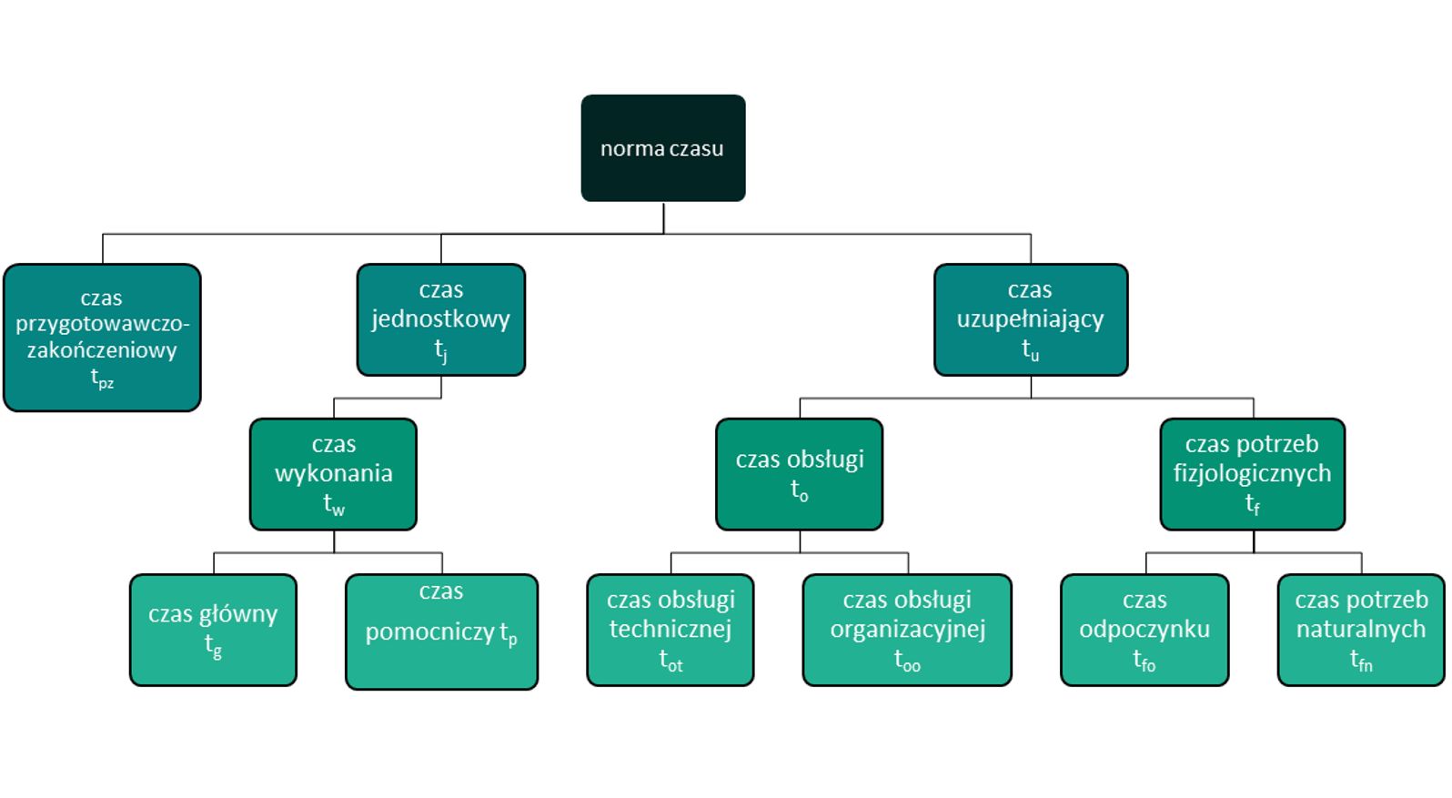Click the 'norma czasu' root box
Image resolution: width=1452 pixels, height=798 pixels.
click(x=662, y=148)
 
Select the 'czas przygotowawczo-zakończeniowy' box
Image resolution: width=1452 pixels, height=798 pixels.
click(x=102, y=338)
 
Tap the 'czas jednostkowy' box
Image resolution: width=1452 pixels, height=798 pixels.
click(x=440, y=319)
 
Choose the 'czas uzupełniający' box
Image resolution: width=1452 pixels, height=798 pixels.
click(x=1030, y=319)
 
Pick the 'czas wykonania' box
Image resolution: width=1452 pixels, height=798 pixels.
click(x=333, y=474)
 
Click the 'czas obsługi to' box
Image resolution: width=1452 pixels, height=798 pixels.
click(x=799, y=474)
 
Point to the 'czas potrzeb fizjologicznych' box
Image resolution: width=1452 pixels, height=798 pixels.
click(x=1252, y=474)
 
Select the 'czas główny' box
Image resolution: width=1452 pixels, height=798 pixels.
click(x=213, y=630)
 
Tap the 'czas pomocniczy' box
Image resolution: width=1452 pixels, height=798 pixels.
click(x=441, y=631)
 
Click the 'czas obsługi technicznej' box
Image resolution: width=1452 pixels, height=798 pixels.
click(x=670, y=630)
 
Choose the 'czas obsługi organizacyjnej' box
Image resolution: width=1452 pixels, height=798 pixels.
click(x=906, y=630)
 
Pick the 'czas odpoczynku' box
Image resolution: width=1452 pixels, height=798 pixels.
click(x=1144, y=630)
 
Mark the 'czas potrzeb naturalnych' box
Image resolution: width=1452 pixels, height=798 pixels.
click(x=1360, y=630)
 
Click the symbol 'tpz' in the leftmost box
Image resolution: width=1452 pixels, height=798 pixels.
click(x=102, y=379)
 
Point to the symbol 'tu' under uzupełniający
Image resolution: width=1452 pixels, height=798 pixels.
click(x=1030, y=349)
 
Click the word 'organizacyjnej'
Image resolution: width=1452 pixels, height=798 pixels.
click(x=907, y=630)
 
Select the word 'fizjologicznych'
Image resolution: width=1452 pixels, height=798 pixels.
click(x=1252, y=473)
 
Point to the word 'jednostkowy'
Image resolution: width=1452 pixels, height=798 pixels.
click(x=440, y=319)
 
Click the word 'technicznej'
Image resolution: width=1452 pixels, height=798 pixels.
click(x=671, y=629)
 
